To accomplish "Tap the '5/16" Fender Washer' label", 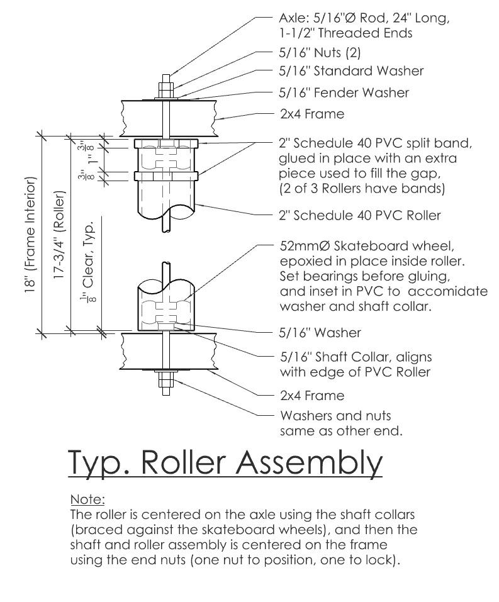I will [x=344, y=92].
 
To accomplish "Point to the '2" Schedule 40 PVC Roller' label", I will [x=359, y=215].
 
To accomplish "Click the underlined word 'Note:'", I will [x=87, y=499].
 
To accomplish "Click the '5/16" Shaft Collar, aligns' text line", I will [x=356, y=357].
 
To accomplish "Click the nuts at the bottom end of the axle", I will [x=165, y=379].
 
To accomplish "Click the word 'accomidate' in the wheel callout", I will [x=458, y=291].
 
